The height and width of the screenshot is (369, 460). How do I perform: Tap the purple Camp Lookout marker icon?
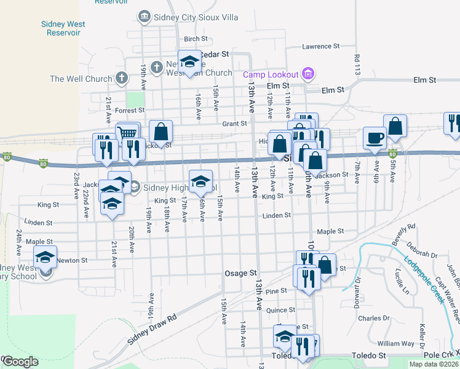click(309, 74)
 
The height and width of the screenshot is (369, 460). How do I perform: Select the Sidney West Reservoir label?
click(63, 28)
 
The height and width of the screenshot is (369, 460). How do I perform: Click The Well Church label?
click(81, 79)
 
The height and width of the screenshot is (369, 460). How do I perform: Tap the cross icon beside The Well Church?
click(122, 78)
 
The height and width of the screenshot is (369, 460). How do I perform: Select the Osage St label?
click(240, 273)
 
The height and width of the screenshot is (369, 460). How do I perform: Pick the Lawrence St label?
click(321, 46)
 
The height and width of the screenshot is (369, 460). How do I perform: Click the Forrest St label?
click(129, 111)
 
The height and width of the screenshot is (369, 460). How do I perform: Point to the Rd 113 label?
click(357, 65)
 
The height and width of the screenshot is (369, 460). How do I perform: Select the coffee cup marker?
click(374, 138)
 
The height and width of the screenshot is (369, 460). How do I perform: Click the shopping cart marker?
click(128, 133)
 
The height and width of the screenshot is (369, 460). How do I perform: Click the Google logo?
click(20, 362)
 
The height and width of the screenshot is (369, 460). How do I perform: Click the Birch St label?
click(192, 39)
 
